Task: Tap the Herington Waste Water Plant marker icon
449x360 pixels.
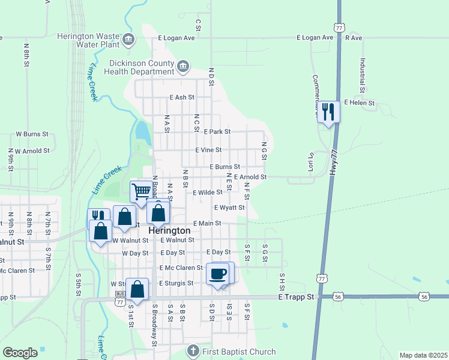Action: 128,40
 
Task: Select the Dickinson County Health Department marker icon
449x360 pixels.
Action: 183,65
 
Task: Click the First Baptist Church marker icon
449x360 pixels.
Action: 193,350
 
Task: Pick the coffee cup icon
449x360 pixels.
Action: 217,274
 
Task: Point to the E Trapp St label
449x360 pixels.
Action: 297,297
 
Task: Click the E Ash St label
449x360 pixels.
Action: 182,97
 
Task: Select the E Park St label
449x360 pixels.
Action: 217,131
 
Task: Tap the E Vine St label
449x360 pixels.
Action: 208,150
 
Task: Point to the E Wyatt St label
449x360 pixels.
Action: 229,208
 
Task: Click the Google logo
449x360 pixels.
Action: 20,353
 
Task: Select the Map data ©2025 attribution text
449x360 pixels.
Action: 423,355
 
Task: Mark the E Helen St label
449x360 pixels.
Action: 359,103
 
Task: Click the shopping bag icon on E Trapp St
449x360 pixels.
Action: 137,289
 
